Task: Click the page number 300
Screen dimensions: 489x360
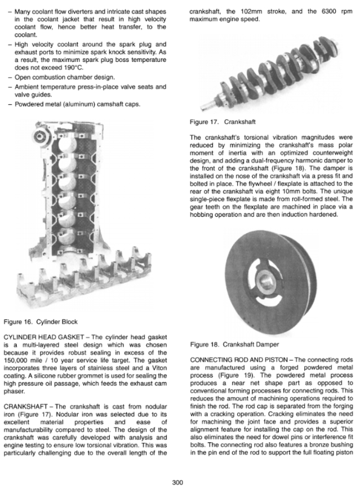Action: pyautogui.click(x=180, y=482)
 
